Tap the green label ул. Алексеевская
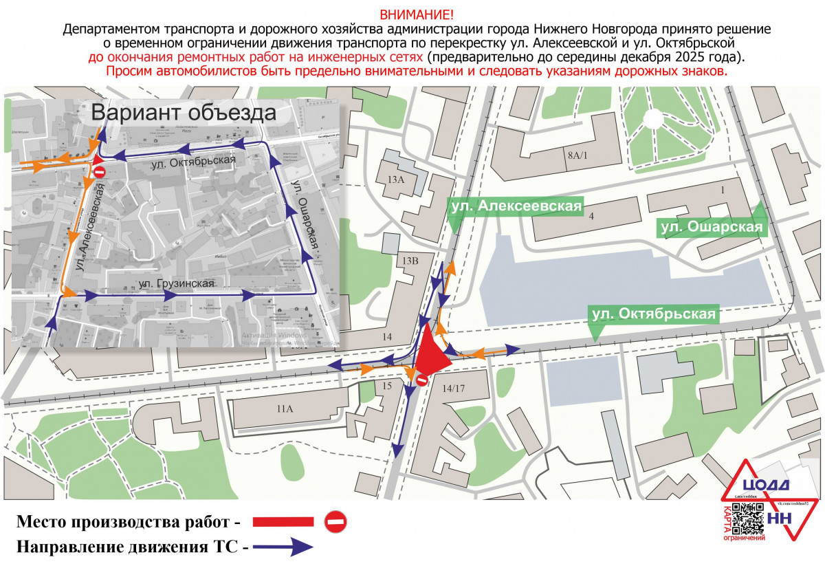click(x=516, y=206)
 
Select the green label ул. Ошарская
click(x=712, y=227)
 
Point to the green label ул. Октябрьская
click(x=653, y=314)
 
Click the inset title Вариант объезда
click(x=184, y=113)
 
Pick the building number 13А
click(x=396, y=179)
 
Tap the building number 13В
click(x=410, y=260)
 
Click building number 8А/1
click(x=578, y=155)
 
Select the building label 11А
click(x=285, y=409)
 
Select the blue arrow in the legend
click(x=283, y=547)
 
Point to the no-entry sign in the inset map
click(x=99, y=171)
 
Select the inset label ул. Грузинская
click(x=177, y=283)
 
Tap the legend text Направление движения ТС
click(x=127, y=547)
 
